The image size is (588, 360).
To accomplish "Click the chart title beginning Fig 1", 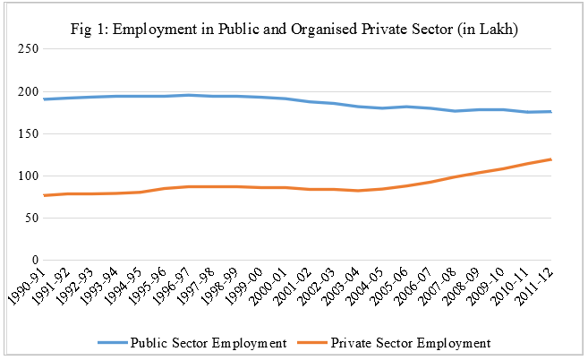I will click(x=294, y=30).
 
